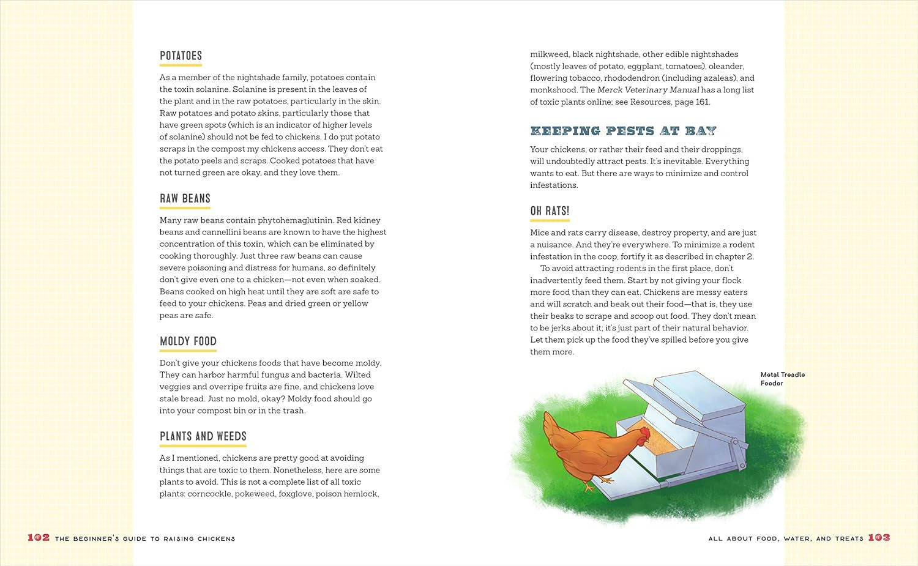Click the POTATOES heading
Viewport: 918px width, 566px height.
coord(181,56)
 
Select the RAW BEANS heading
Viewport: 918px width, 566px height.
coord(185,198)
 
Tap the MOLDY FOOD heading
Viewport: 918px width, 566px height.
coord(188,341)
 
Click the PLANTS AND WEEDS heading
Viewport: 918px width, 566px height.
coord(203,436)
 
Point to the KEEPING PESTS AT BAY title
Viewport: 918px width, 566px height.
coord(622,131)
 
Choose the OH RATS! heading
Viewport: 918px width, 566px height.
coord(550,211)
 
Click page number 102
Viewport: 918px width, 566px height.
coord(38,537)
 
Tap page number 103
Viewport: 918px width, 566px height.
coord(879,537)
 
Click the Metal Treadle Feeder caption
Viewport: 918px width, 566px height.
coord(782,379)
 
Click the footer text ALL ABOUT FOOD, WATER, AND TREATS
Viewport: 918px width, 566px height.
coord(785,538)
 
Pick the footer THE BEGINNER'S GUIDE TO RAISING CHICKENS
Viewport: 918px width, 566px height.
coord(144,538)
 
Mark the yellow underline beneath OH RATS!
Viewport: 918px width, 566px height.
coord(550,220)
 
